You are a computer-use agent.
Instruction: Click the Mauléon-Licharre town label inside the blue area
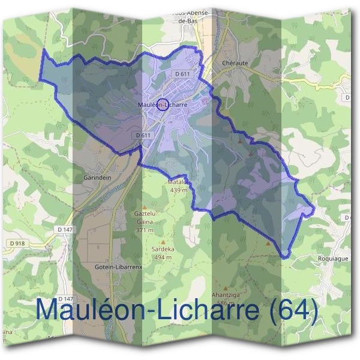(163, 104)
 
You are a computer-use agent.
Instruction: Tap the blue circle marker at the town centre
(161, 104)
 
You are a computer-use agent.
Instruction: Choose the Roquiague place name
(332, 258)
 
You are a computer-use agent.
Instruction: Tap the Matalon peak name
(179, 182)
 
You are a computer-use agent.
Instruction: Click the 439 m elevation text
(179, 190)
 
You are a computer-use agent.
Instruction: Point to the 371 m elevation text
(145, 230)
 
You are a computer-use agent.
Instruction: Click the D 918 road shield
(17, 242)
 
